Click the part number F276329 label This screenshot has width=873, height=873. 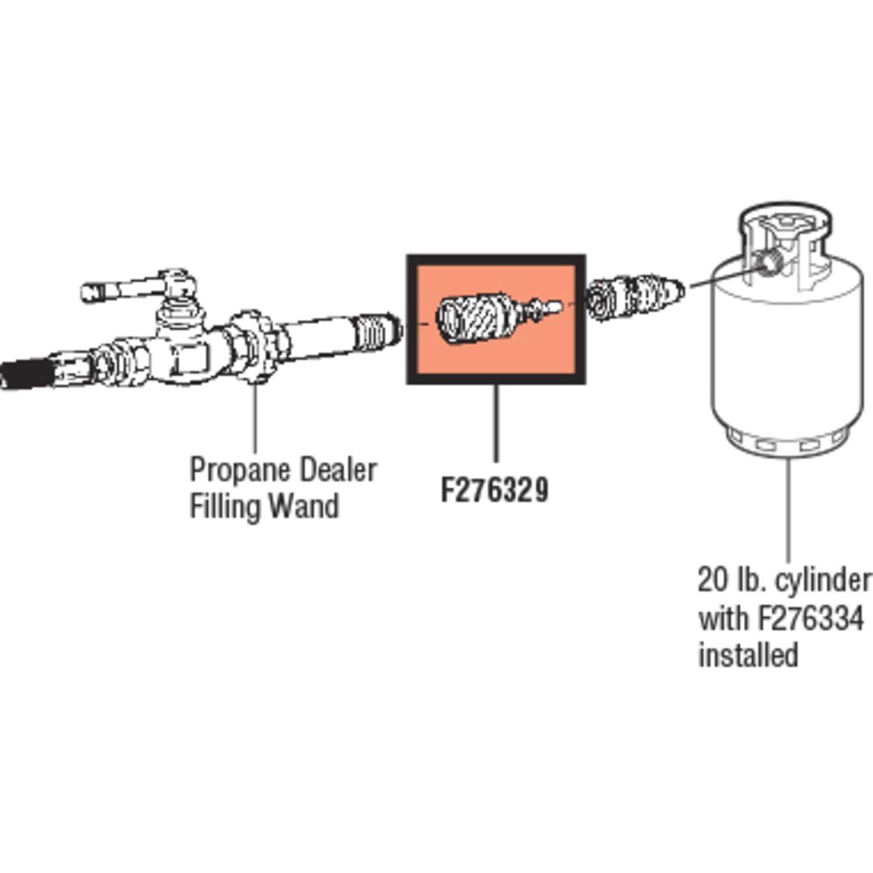point(494,490)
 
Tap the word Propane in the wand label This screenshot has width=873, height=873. point(239,470)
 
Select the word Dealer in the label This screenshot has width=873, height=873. point(338,470)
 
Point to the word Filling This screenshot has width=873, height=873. point(224,506)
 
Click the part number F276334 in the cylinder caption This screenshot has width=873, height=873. point(810,618)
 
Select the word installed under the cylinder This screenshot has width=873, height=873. point(748,655)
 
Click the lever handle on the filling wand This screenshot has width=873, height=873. point(128,290)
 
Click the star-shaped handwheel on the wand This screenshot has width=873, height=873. point(254,348)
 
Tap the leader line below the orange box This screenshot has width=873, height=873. point(496,422)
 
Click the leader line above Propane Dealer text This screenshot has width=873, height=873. point(254,419)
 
